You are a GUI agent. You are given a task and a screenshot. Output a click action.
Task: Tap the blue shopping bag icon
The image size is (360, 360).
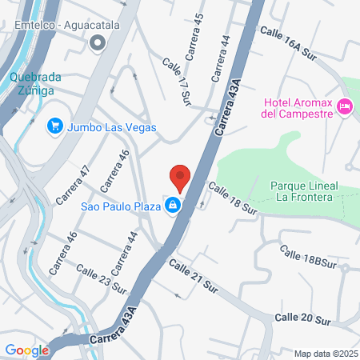point(173,206)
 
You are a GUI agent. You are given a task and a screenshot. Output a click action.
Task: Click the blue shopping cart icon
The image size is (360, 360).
point(55,126)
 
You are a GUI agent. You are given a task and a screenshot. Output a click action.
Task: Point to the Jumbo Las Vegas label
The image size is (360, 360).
point(111,126)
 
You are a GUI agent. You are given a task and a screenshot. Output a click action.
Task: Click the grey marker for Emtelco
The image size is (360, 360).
point(98,42)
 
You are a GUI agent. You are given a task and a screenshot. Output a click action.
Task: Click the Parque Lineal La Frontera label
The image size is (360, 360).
point(303,191)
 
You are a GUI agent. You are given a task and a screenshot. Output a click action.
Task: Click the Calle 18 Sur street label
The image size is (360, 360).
point(232,198)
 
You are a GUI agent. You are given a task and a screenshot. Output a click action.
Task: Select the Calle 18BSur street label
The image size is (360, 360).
point(308,257)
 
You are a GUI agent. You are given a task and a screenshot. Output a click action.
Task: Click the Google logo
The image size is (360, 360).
point(26,350)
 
